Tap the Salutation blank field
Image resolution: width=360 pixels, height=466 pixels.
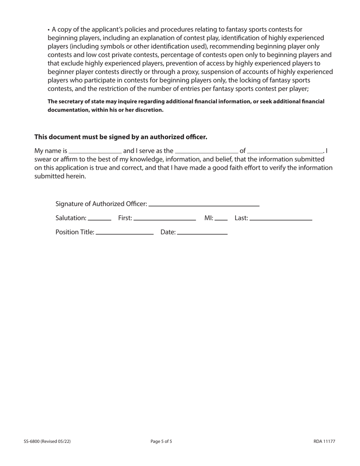coord(99,219)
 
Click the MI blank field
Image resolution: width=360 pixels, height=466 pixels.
coord(221,219)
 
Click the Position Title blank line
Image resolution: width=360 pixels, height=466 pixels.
coord(125,233)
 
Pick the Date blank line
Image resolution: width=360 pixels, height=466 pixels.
coord(202,233)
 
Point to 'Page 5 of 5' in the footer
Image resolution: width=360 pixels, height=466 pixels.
coord(164,441)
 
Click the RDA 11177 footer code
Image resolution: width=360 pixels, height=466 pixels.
coord(324,441)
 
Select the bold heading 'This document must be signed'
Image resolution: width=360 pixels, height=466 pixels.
coord(121,137)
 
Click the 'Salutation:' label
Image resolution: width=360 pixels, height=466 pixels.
coord(71,218)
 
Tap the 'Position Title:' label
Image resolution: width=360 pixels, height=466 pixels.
coord(75,232)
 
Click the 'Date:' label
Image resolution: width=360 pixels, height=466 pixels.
coord(168,232)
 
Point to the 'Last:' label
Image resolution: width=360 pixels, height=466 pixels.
coord(241,218)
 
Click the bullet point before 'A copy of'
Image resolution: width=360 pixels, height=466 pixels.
coord(49,30)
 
